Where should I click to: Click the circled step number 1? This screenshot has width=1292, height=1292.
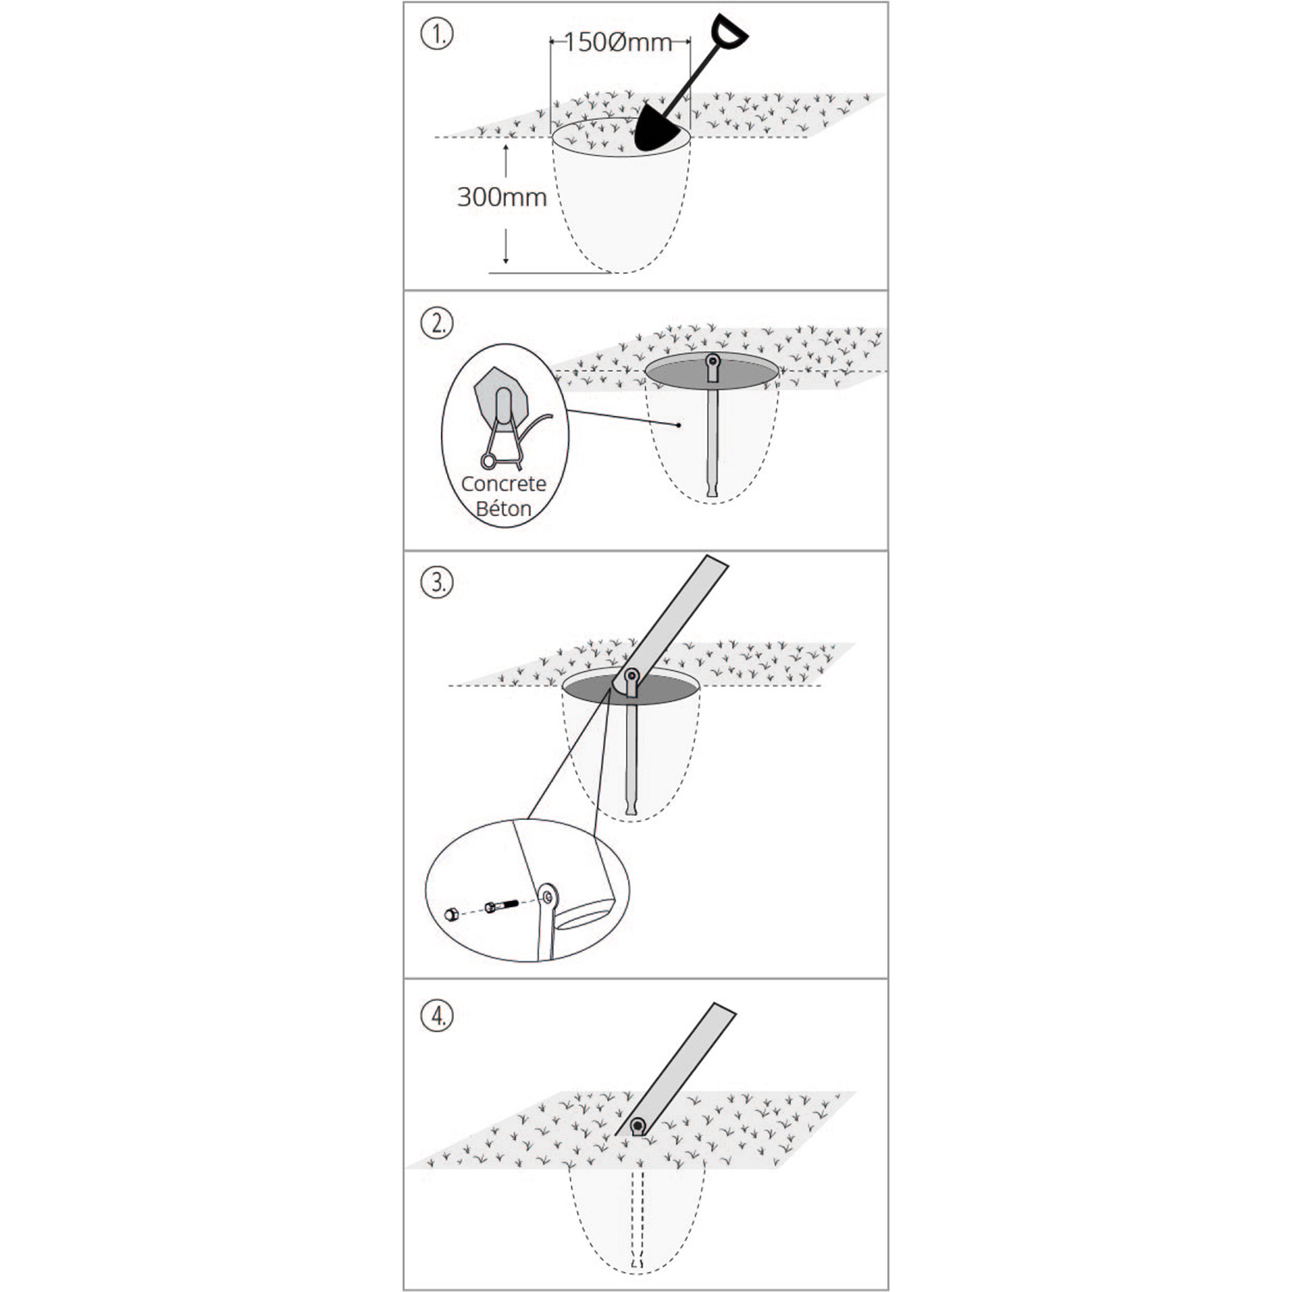pos(438,36)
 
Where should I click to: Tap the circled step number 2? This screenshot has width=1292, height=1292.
pos(438,324)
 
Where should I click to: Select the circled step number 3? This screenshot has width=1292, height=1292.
pos(438,582)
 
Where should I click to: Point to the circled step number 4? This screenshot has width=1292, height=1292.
pos(438,1016)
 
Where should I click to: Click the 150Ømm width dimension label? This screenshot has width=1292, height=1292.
pos(618,41)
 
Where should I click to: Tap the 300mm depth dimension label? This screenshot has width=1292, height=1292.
pos(502,197)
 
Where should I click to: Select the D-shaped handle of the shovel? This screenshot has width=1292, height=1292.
pos(729,32)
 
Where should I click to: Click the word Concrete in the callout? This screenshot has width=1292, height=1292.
pos(504,484)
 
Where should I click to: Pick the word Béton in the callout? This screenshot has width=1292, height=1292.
pos(504,509)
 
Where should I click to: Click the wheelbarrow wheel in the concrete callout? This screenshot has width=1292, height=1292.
pos(488,462)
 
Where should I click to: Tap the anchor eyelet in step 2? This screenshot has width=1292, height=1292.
pos(712,366)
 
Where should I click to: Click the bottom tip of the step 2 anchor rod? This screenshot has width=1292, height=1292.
pos(712,494)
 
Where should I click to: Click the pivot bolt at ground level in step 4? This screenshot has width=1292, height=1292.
pos(637,1126)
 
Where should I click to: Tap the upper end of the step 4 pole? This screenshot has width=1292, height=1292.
pos(724,1009)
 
